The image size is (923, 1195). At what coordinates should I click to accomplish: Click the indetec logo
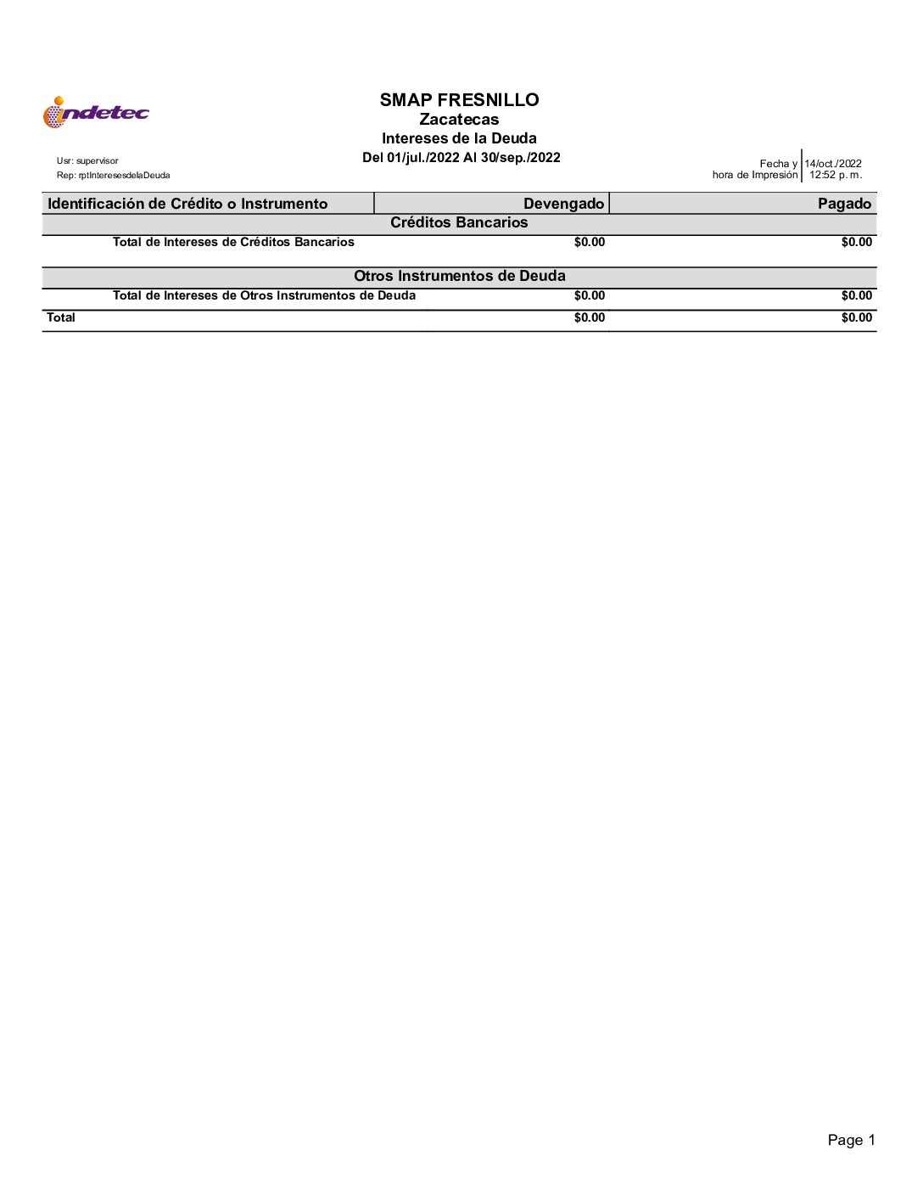[96, 112]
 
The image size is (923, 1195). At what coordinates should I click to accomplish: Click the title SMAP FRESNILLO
[459, 100]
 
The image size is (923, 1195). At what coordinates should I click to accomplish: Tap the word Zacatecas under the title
[459, 120]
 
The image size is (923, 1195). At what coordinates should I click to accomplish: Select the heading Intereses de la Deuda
[459, 138]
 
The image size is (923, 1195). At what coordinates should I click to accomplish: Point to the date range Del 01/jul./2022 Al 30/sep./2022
[461, 158]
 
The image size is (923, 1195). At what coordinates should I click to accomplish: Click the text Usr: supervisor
[87, 161]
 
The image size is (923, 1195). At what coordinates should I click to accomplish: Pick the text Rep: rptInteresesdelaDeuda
[113, 176]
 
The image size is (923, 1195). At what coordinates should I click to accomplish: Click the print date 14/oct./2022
[833, 164]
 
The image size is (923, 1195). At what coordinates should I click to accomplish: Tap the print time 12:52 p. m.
[835, 176]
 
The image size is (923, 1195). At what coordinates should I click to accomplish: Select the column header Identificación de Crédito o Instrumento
[187, 204]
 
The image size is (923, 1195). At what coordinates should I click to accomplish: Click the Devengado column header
[563, 204]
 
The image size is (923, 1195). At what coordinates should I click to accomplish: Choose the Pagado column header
[844, 204]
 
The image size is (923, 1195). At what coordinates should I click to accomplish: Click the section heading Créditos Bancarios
[459, 223]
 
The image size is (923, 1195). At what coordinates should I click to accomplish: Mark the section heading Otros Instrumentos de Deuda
[459, 277]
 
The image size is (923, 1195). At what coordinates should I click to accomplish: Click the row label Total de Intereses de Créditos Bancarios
[233, 243]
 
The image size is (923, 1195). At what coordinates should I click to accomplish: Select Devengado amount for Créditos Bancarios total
[590, 243]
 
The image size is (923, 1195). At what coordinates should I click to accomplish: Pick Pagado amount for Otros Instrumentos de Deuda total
[856, 296]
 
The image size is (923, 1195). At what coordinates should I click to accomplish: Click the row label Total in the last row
[61, 318]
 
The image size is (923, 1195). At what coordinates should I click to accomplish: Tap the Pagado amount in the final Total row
[856, 318]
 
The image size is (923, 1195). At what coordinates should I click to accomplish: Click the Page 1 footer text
[851, 1141]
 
